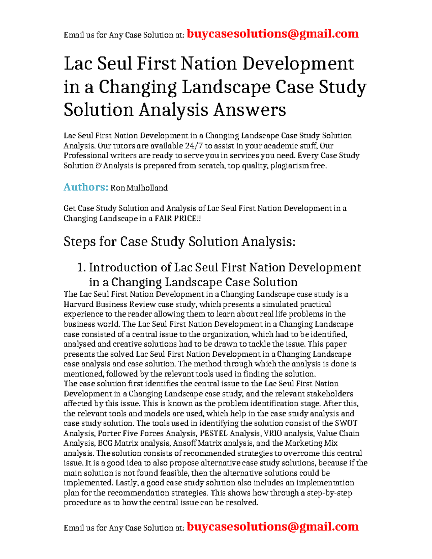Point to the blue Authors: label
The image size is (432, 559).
pos(86,187)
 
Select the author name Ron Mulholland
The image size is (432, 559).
pos(139,188)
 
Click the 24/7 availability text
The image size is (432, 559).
pos(194,146)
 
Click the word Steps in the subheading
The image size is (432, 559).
pos(79,242)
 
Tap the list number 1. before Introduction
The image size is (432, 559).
pos(81,267)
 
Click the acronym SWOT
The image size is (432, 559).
pos(346,423)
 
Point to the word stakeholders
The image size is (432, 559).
pos(330,394)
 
